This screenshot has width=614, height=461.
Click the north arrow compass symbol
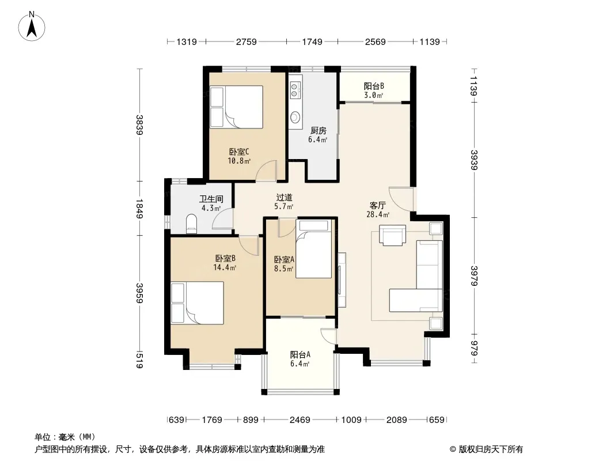(32, 27)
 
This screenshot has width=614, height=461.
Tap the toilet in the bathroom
(191, 224)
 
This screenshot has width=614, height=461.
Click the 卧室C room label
(239, 152)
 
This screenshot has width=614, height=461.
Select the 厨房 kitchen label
(318, 130)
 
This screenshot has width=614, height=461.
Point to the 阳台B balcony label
(374, 86)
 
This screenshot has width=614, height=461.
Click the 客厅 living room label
(378, 205)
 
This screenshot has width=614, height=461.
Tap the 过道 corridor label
(284, 198)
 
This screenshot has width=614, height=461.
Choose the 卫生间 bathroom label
(211, 199)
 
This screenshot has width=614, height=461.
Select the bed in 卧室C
(236, 107)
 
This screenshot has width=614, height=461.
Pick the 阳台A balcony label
(300, 355)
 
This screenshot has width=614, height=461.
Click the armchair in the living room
(392, 235)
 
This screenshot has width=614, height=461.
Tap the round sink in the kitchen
(295, 117)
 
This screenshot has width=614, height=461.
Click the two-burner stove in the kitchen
(295, 90)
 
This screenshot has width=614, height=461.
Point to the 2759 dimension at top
(246, 41)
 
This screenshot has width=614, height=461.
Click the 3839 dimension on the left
(139, 124)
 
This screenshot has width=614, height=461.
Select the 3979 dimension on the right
(474, 276)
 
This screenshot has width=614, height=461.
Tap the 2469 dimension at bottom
(300, 420)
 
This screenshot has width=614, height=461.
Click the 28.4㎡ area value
(378, 214)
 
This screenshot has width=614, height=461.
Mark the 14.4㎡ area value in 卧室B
(225, 268)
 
